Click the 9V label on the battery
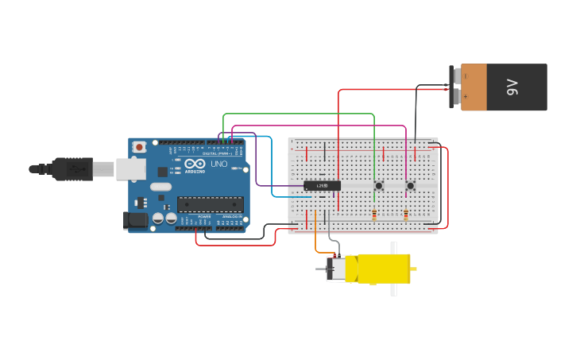point(513,87)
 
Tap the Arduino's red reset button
point(140,147)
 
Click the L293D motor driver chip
point(323,185)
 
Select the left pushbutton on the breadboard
point(378,186)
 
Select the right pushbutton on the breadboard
point(410,186)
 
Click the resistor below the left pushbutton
point(374,214)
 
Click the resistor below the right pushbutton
point(406,214)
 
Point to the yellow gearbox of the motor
point(384,269)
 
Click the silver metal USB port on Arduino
point(130,168)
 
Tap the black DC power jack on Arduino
point(135,220)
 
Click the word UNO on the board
point(219,164)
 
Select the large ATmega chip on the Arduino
point(210,204)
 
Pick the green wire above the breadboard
point(302,114)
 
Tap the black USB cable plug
point(72,168)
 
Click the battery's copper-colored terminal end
point(474,87)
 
